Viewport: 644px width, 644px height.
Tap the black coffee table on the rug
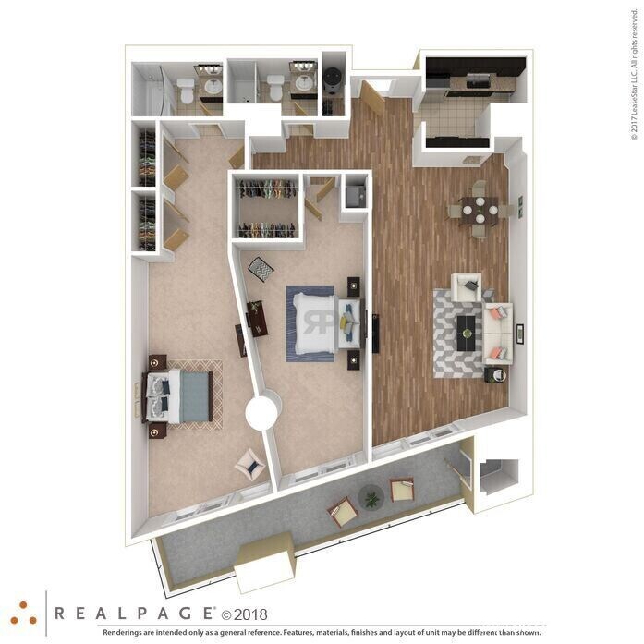[x=468, y=325]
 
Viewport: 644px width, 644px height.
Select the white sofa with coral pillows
[x=499, y=331]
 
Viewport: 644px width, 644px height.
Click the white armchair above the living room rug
[x=467, y=286]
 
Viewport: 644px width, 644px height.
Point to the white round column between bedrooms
[x=263, y=410]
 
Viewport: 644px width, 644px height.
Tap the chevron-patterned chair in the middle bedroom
[x=261, y=269]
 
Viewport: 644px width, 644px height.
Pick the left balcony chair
[x=342, y=510]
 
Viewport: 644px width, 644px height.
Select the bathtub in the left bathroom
[x=149, y=91]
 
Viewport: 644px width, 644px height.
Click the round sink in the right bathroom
[x=303, y=82]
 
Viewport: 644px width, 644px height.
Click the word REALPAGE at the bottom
[x=134, y=613]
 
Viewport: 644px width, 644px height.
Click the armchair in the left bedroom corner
[x=250, y=463]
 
